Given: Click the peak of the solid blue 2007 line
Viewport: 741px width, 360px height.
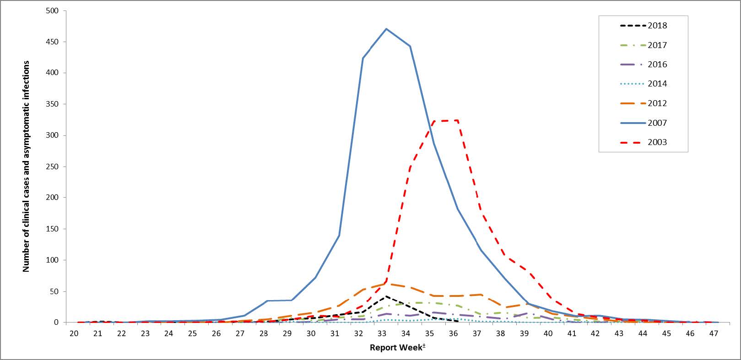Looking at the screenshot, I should coord(387,29).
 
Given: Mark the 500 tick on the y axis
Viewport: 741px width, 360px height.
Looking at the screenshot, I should coord(53,11).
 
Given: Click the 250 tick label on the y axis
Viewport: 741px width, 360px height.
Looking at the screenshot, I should coord(53,167).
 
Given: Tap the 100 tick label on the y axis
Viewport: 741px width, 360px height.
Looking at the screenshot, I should coord(53,260).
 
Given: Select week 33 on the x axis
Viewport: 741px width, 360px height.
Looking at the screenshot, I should coord(382,333).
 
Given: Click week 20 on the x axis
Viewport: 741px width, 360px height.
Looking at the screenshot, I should coord(74,333).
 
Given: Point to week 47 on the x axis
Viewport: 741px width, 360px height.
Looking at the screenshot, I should coord(714,333).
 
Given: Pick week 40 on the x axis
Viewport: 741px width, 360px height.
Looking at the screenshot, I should coord(548,333).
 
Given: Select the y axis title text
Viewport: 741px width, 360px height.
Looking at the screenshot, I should coord(26,167).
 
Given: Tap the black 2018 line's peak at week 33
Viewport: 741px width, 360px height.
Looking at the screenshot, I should coord(387,296).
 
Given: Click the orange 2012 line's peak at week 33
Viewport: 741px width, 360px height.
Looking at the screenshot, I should coord(387,284).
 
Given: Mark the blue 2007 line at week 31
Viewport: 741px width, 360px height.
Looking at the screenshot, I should coord(339,236).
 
